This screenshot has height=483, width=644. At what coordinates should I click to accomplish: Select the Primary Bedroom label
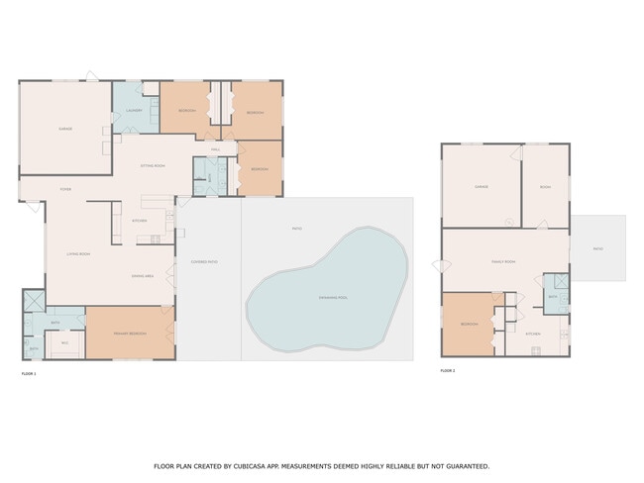point(130,334)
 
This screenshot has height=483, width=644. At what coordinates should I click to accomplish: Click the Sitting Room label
point(152,165)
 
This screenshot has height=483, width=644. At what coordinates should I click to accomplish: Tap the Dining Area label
point(142,276)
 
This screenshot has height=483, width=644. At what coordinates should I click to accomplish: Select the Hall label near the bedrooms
point(214,149)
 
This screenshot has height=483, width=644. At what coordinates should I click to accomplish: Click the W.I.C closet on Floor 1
point(65,342)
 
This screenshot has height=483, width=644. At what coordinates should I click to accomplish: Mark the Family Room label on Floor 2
point(503,261)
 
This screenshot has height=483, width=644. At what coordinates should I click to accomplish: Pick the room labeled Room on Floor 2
point(545,185)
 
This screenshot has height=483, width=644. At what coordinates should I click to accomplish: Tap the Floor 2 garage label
point(481,185)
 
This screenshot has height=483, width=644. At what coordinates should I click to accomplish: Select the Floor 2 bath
point(555,296)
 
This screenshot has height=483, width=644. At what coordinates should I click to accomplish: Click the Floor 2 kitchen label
point(532,334)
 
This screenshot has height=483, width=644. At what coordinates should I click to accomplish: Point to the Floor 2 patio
point(597,248)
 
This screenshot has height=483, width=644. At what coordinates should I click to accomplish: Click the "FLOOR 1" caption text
point(28,373)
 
